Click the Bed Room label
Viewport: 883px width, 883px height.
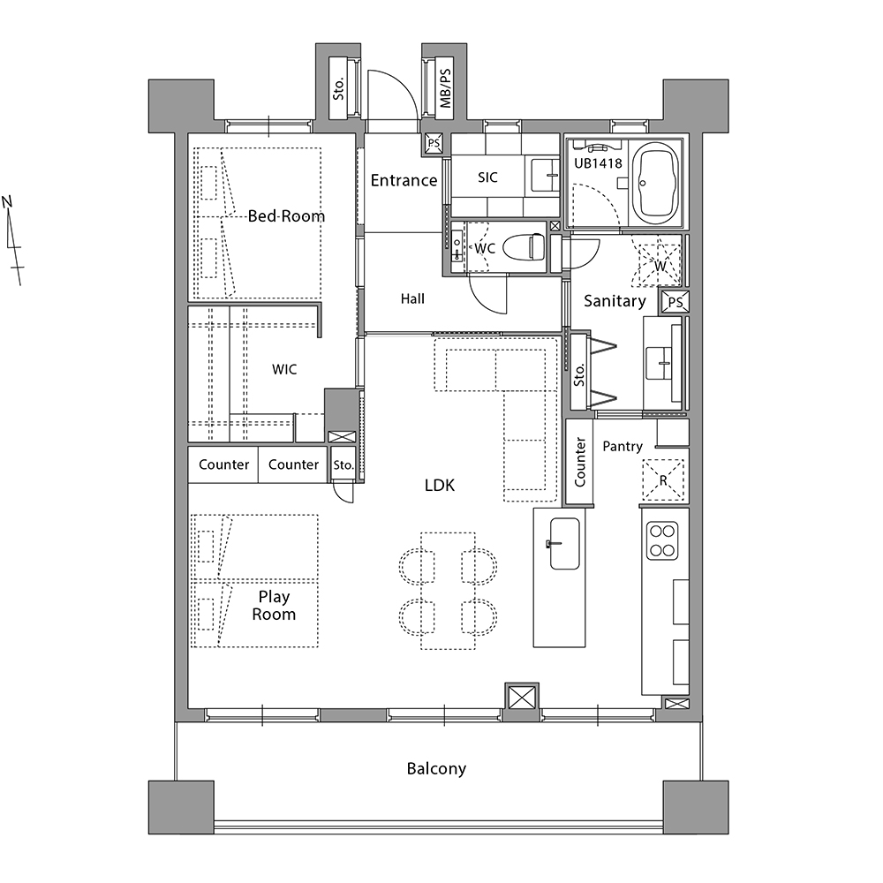point(286,216)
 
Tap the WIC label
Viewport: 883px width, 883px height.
point(284,369)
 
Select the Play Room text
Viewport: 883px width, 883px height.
point(274,606)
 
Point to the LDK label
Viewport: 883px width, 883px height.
point(439,485)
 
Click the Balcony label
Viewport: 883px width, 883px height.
point(436,769)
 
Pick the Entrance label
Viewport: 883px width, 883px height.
point(404,180)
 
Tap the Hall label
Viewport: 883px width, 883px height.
point(412,299)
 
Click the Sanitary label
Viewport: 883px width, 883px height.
point(615,301)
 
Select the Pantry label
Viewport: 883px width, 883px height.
point(623,447)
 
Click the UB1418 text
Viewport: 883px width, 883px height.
point(598,163)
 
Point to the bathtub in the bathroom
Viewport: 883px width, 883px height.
point(656,184)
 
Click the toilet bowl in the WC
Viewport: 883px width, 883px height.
point(523,246)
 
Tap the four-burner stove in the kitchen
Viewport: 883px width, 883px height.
point(662,540)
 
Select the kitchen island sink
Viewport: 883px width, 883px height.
point(564,543)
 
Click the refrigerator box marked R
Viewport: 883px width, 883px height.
point(663,480)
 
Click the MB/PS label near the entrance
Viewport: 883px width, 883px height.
point(445,88)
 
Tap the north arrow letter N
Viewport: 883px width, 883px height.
point(7,201)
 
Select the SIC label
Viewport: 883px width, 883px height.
point(487,177)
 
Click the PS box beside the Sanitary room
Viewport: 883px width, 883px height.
point(675,302)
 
